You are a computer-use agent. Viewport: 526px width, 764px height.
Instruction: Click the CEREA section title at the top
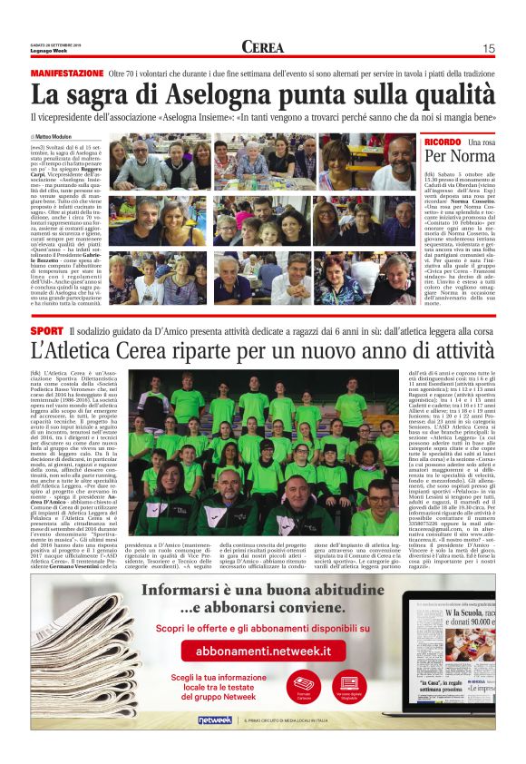coord(262,48)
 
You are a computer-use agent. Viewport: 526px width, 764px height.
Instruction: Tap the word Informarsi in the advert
coord(179,590)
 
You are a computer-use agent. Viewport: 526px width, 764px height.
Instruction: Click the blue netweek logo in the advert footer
coord(215,720)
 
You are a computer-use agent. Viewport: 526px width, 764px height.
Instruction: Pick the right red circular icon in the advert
coord(347,685)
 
